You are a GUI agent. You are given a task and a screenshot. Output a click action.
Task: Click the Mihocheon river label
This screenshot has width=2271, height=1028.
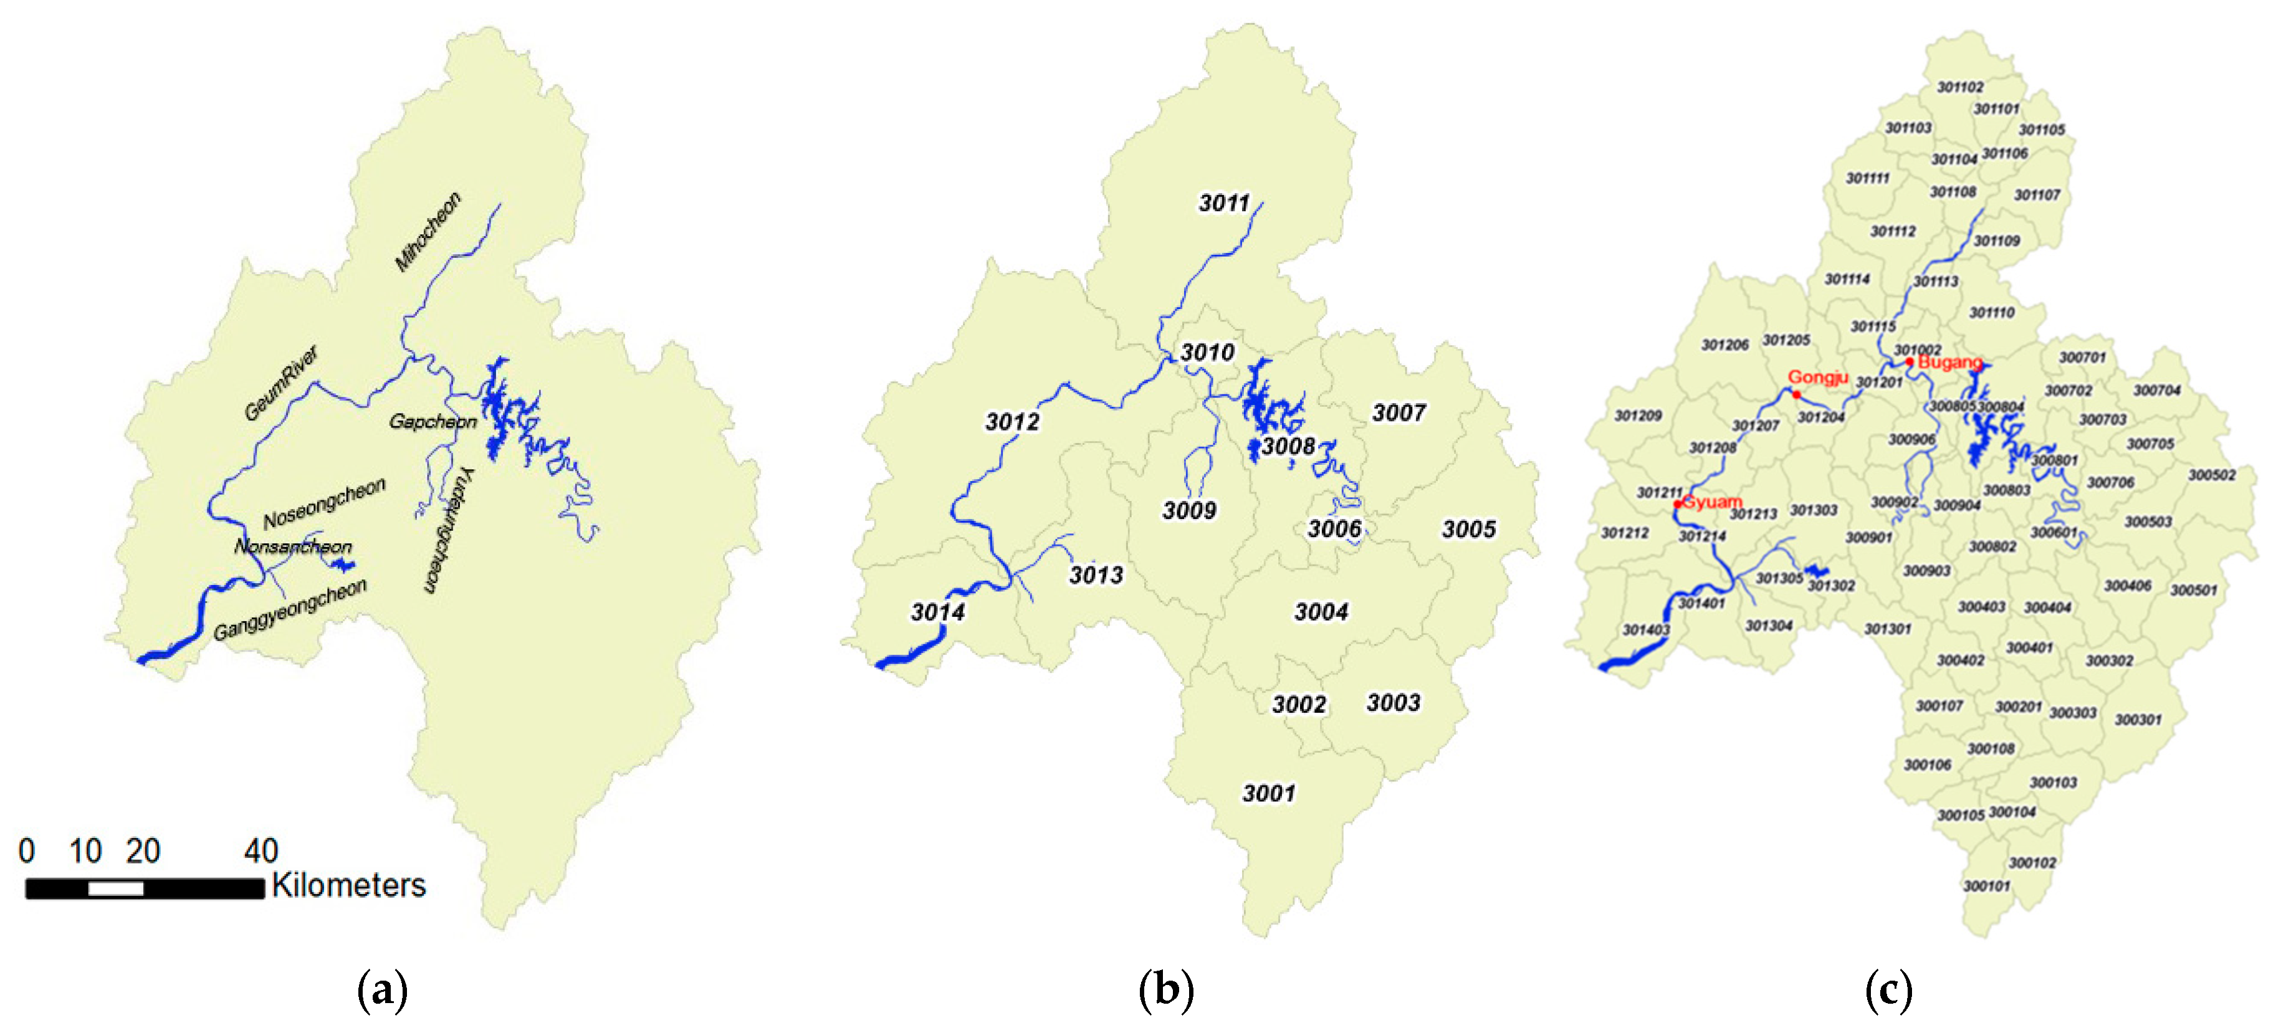point(428,232)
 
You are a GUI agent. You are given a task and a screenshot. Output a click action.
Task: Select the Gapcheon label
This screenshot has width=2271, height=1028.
point(433,421)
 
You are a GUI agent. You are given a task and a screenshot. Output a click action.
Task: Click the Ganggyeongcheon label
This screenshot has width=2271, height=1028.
point(290,610)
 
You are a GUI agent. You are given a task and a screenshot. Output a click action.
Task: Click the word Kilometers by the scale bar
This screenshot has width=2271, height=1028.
point(348,885)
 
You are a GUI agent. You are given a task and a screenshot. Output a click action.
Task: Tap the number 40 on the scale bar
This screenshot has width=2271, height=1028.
point(261,851)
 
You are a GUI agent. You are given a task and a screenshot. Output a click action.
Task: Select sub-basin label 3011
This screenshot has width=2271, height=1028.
point(1223,202)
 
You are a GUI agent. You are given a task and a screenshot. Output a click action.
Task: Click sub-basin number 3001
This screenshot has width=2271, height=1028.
point(1269,794)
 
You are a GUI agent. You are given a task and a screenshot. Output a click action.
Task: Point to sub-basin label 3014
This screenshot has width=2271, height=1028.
point(937,612)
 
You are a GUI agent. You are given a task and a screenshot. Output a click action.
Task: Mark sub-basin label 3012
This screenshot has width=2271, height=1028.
point(1012,421)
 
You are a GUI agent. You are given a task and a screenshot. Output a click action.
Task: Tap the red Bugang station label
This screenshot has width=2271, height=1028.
point(1949,363)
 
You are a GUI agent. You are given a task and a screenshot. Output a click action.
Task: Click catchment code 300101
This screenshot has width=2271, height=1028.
point(1986,885)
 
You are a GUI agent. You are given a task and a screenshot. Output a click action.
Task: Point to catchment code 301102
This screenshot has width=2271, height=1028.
point(1961,87)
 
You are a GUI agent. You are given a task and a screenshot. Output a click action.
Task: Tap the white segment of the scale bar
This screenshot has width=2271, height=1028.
point(115,888)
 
